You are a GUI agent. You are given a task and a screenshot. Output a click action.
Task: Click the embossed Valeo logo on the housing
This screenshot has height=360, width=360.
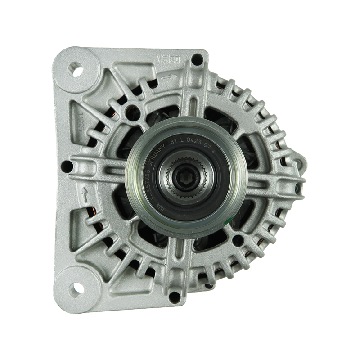pos(169,58)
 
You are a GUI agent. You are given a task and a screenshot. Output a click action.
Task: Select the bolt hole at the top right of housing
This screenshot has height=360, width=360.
pos(196,58)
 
